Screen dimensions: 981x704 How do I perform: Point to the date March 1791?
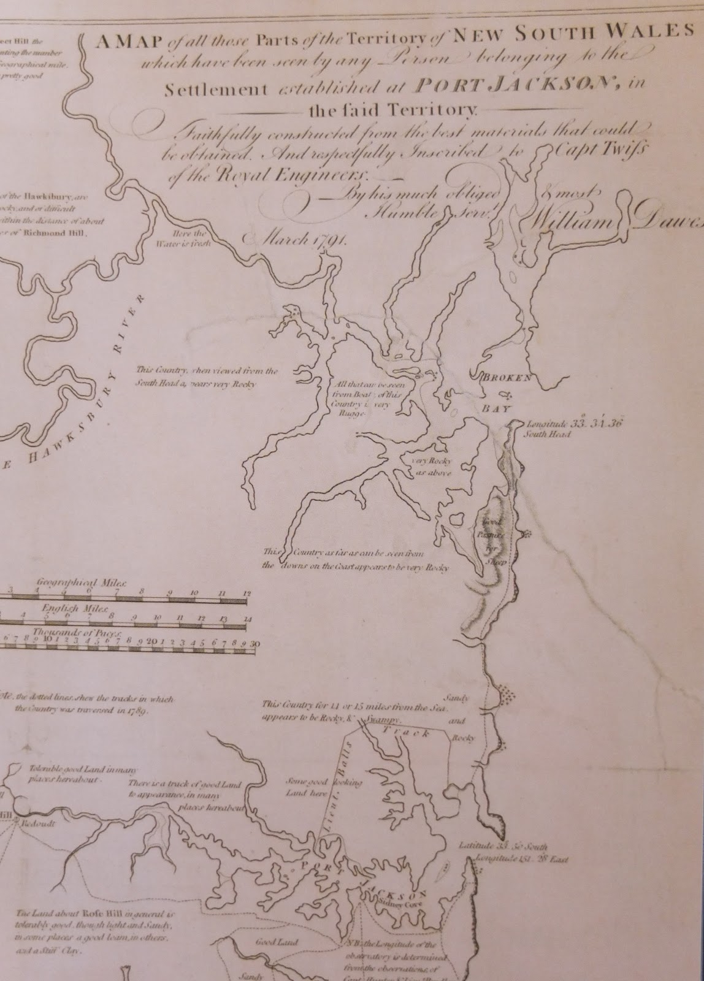295,239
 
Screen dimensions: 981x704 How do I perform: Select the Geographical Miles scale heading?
81,582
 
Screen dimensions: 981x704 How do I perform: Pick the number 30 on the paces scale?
256,643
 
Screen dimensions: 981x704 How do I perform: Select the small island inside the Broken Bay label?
506,394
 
